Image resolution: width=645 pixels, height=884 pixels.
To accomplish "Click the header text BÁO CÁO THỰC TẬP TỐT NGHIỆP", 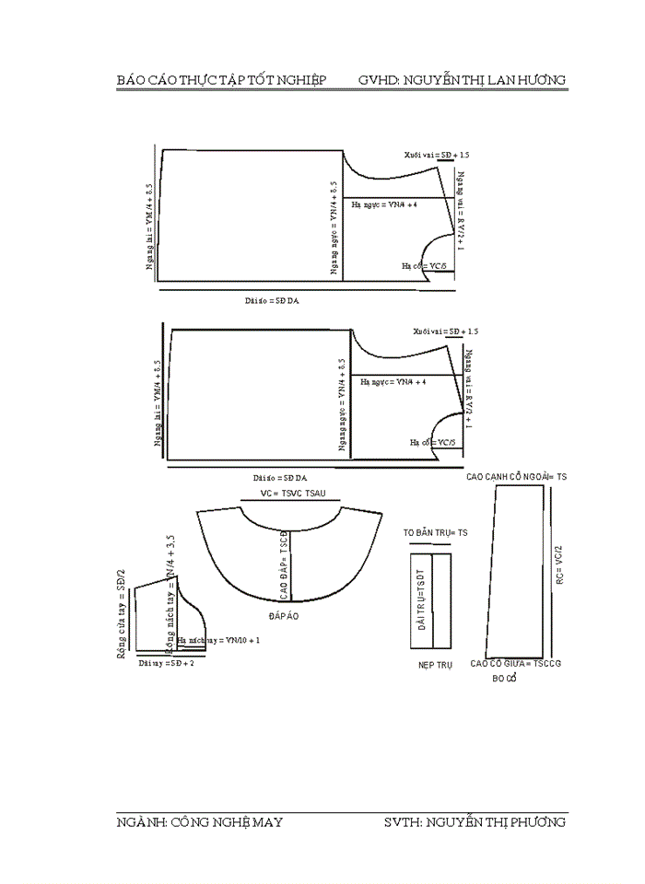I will pyautogui.click(x=221, y=80).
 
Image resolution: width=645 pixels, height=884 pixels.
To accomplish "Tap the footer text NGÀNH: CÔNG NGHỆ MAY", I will pyautogui.click(x=199, y=821).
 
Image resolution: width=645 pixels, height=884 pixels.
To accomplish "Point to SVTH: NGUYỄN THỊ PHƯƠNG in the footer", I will pyautogui.click(x=475, y=821).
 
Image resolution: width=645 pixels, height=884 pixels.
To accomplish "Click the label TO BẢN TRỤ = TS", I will pyautogui.click(x=436, y=533).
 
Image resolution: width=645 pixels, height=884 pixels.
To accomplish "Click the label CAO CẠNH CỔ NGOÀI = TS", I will pyautogui.click(x=516, y=477).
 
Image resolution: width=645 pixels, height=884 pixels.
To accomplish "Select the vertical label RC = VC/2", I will pyautogui.click(x=558, y=566).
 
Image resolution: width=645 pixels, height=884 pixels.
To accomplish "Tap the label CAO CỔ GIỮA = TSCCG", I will pyautogui.click(x=516, y=663).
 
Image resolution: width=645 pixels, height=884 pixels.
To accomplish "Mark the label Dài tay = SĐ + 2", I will pyautogui.click(x=166, y=662).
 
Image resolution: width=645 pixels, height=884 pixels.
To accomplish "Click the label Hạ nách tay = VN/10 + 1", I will pyautogui.click(x=219, y=639).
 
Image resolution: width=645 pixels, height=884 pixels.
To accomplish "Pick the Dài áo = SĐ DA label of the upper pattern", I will pyautogui.click(x=278, y=300).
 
